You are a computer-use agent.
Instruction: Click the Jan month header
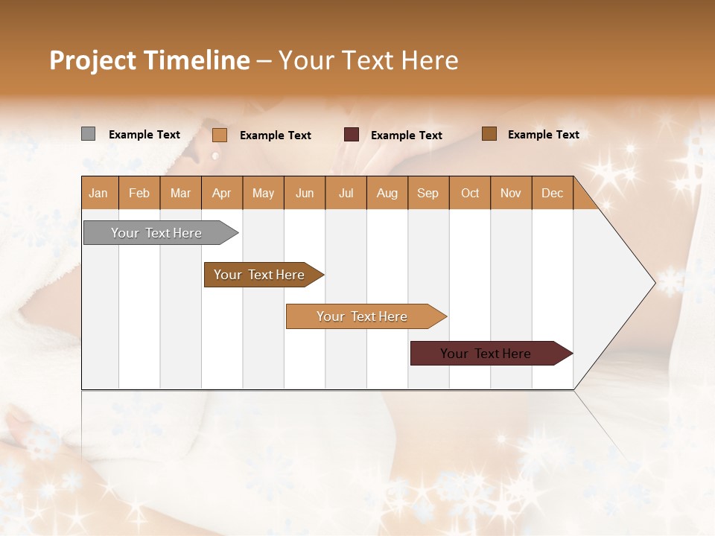(99, 193)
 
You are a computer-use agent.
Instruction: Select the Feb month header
(139, 193)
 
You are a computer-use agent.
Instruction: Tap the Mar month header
(180, 193)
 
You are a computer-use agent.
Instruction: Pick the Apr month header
(222, 193)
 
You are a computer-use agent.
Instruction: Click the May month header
(263, 193)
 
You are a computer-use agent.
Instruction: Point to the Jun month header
(305, 193)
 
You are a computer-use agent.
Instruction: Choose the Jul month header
(346, 193)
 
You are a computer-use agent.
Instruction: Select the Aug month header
(387, 193)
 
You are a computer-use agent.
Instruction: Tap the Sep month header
(428, 193)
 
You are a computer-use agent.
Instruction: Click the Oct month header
(470, 193)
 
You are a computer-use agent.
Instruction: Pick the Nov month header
(511, 193)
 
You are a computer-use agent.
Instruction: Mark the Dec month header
(553, 193)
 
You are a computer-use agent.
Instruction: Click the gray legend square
(88, 134)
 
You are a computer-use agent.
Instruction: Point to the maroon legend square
(352, 135)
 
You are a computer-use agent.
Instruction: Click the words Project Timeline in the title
(150, 60)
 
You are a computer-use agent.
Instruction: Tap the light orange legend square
(220, 135)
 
